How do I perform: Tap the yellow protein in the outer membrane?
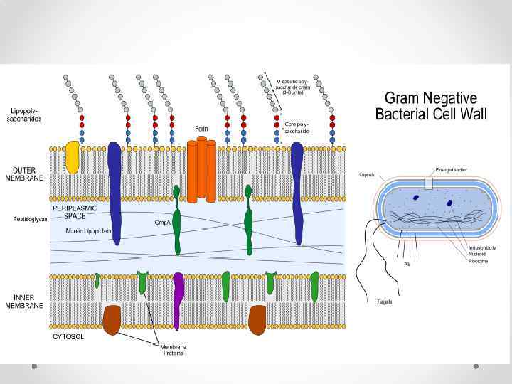[x=73, y=156]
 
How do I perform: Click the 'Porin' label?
[x=201, y=129]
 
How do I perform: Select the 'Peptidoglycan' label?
[x=29, y=219]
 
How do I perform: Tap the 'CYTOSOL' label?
[x=68, y=336]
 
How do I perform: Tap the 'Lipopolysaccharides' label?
[x=27, y=114]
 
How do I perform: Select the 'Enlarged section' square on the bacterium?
[x=428, y=183]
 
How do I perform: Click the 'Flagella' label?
[x=384, y=302]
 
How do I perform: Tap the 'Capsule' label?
[x=367, y=174]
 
